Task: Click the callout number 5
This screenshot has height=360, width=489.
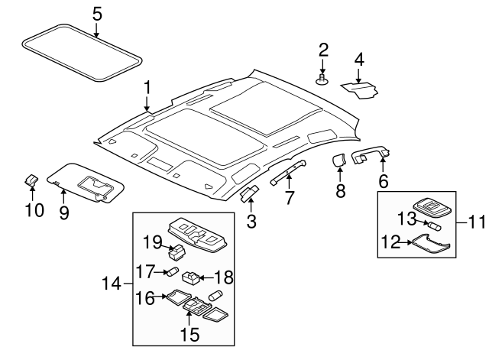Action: coord(97,13)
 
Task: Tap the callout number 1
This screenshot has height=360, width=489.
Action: coord(147,89)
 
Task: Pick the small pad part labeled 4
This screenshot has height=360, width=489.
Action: coord(359,88)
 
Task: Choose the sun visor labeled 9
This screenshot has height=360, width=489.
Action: coord(84,183)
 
